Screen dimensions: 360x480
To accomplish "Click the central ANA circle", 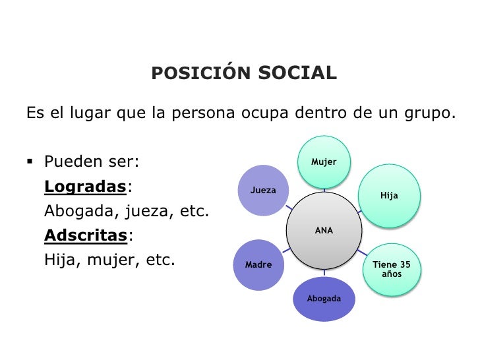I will (x=324, y=230).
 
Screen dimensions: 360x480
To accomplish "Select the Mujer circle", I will (x=324, y=162).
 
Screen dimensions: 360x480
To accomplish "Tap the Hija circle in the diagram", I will (x=389, y=196).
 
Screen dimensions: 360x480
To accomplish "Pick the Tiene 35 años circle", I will (x=391, y=269).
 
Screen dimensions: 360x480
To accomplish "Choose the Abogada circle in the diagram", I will (x=324, y=299).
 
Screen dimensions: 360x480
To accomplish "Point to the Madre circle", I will (x=258, y=265).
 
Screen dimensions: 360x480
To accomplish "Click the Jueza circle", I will (x=263, y=191).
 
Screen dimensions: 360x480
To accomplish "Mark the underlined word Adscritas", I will (x=85, y=235).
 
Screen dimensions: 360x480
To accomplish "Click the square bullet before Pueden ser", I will (x=31, y=162).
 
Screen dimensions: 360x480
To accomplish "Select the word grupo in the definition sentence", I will (x=431, y=113).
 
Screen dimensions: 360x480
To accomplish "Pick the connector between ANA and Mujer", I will (x=324, y=191).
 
